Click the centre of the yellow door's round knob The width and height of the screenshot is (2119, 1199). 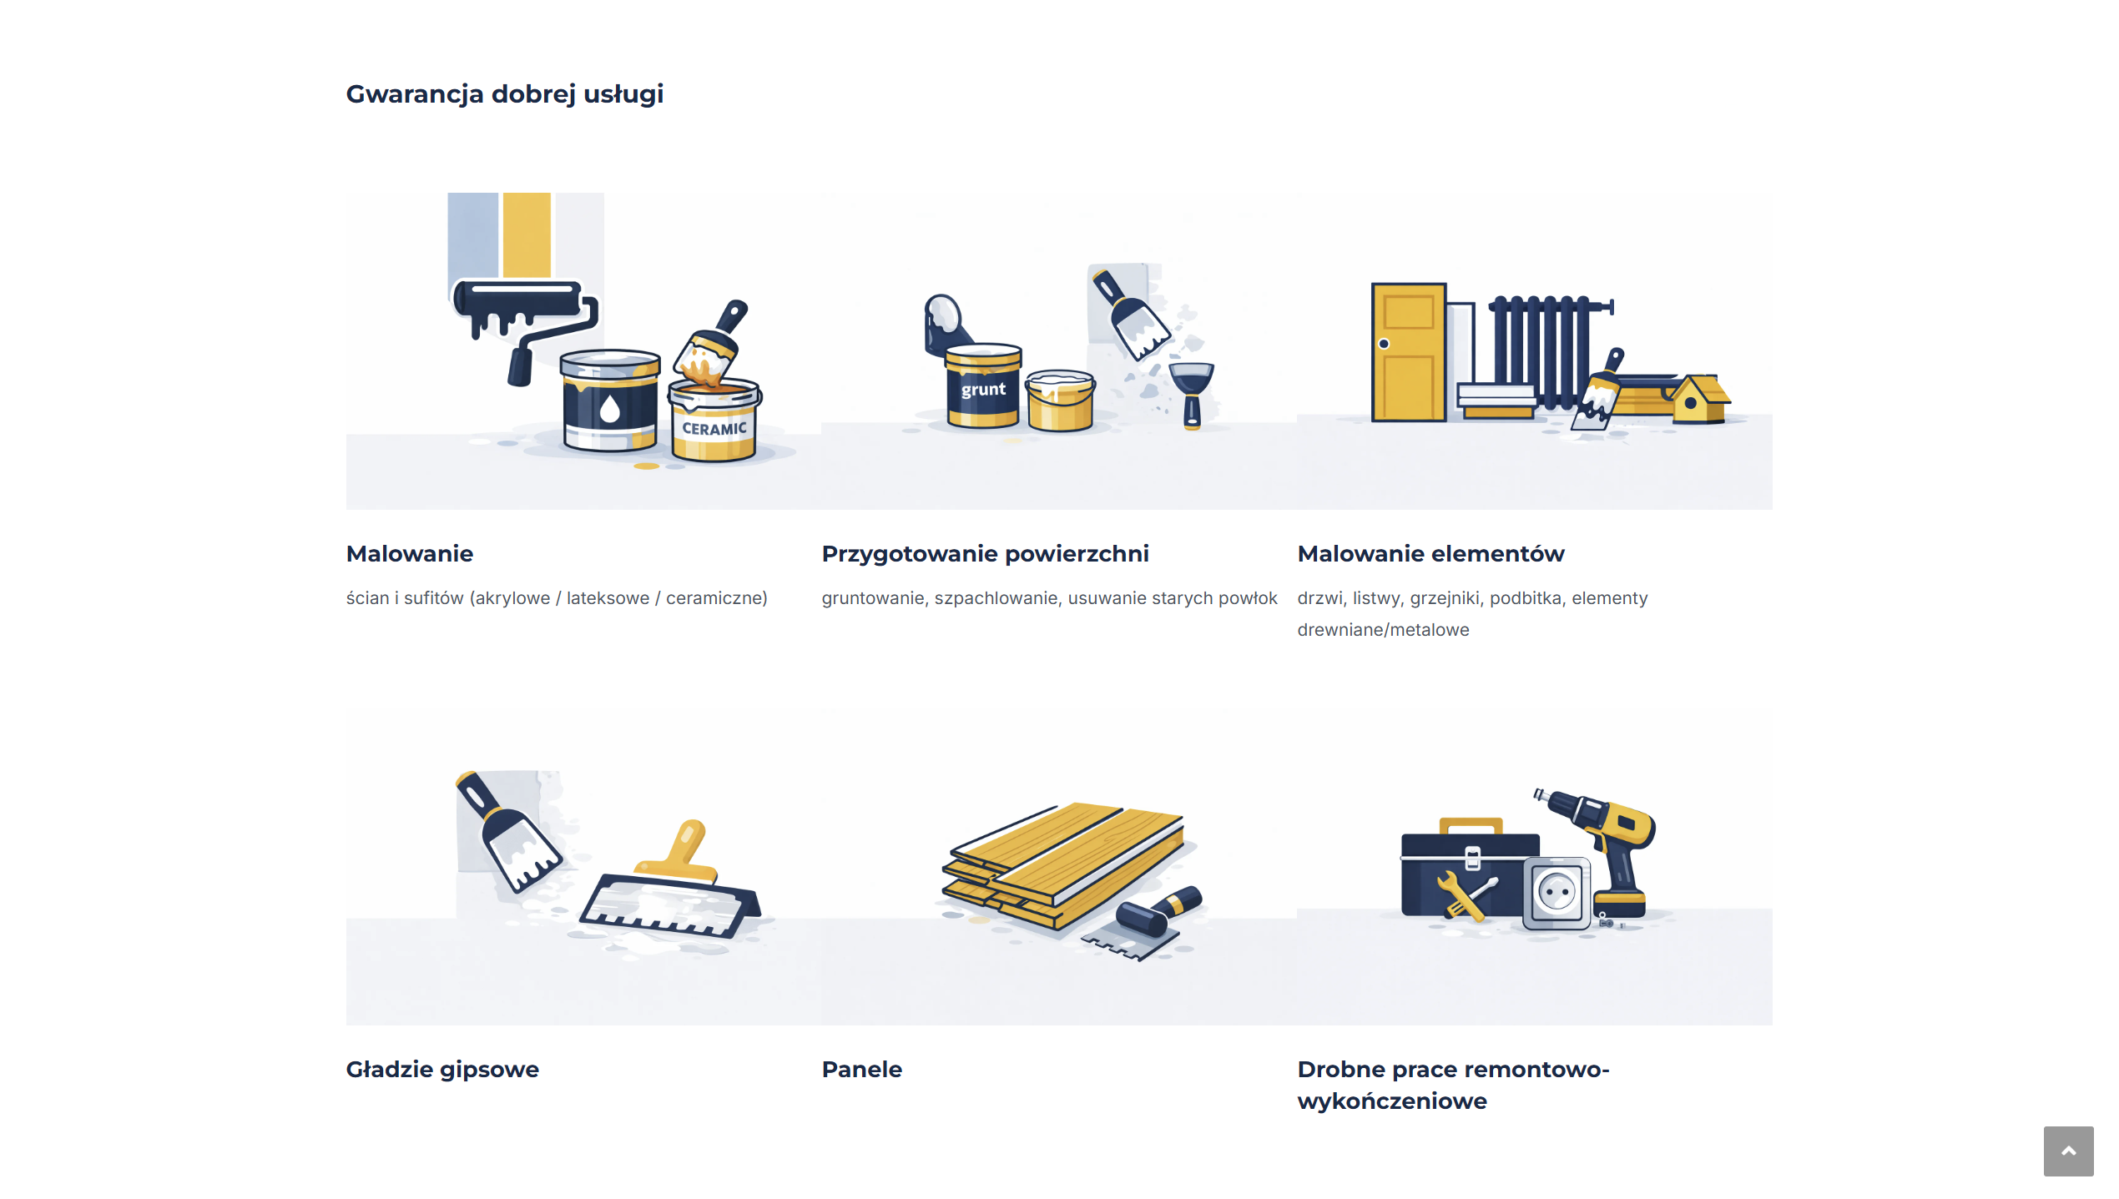click(x=1384, y=344)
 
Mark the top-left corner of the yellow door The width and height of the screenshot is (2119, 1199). click(x=1373, y=284)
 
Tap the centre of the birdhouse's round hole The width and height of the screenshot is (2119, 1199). click(x=1690, y=403)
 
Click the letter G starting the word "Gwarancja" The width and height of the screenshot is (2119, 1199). click(x=356, y=93)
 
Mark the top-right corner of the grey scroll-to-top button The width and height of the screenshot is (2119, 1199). click(x=2094, y=1126)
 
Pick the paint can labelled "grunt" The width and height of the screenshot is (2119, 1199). click(x=982, y=385)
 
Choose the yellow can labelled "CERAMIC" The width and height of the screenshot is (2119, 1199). click(x=714, y=421)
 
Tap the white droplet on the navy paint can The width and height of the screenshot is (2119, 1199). click(x=610, y=409)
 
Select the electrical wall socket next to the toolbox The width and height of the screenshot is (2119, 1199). click(x=1556, y=893)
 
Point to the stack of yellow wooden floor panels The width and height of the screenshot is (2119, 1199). click(x=1064, y=864)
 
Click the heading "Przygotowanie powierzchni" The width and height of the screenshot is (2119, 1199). click(x=985, y=554)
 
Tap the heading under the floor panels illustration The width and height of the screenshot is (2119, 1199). click(x=862, y=1070)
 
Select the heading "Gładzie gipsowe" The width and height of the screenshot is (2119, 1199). click(x=442, y=1070)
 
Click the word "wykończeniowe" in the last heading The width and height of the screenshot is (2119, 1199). click(x=1392, y=1101)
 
